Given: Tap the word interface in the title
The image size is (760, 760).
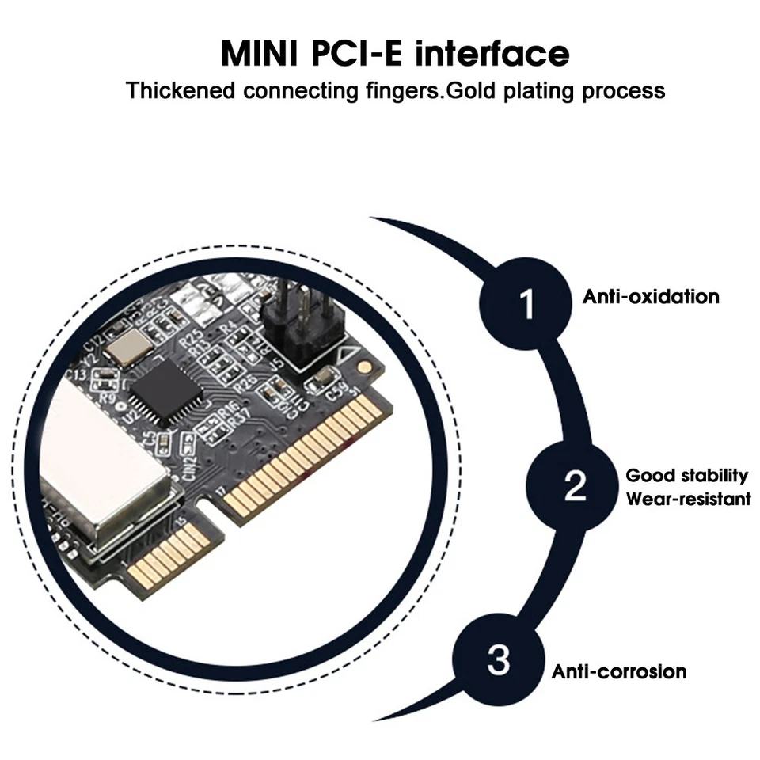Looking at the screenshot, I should tap(492, 54).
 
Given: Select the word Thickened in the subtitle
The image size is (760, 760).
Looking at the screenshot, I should tap(180, 90).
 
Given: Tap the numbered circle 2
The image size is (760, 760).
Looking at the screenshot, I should tap(575, 484).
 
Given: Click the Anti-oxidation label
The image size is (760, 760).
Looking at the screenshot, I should tap(651, 297).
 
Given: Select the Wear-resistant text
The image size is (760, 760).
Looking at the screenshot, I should tap(688, 499).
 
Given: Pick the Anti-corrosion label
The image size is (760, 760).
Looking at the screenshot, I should tap(619, 672).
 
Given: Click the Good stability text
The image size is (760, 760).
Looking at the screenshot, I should tap(686, 476).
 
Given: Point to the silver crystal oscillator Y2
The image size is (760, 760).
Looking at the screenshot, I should tap(131, 345).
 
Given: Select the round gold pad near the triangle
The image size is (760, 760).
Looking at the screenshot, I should tap(363, 367).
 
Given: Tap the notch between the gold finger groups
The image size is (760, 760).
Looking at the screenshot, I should tap(215, 511).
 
